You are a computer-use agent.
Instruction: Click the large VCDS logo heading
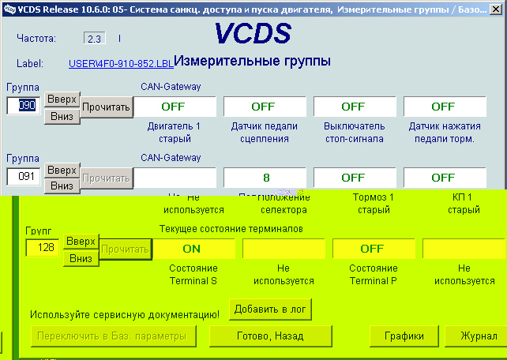(x=252, y=34)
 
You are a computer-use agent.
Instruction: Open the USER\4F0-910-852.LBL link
(x=120, y=63)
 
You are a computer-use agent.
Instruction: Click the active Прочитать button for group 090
(x=105, y=107)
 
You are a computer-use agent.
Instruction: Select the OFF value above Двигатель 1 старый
(x=173, y=107)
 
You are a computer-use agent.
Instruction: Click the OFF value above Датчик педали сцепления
(x=263, y=107)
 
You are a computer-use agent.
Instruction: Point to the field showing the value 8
(x=263, y=178)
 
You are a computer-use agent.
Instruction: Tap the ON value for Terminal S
(x=192, y=249)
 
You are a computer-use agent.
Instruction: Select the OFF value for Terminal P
(x=372, y=249)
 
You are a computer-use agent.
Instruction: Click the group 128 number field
(x=43, y=249)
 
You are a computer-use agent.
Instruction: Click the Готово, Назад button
(x=270, y=336)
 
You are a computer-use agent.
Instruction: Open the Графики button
(x=404, y=336)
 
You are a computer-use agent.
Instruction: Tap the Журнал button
(x=479, y=336)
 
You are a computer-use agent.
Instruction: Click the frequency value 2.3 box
(x=94, y=38)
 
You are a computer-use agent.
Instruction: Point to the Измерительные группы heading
(x=252, y=61)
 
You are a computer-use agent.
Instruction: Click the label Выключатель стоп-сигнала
(x=354, y=133)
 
